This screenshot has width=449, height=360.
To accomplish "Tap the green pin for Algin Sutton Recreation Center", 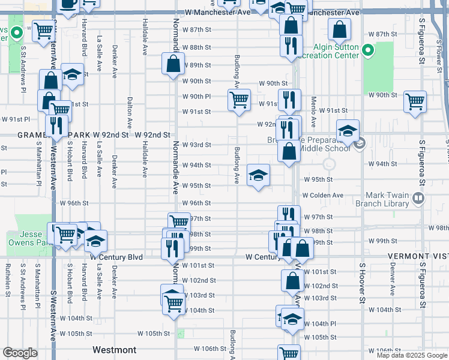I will (369, 50).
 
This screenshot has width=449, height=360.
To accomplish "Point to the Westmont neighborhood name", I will (114, 349).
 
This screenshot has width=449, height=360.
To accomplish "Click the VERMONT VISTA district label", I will (417, 256).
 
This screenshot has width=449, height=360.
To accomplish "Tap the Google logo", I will (19, 353).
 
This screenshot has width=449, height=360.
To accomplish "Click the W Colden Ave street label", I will (322, 195).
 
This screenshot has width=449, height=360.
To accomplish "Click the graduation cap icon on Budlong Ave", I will (259, 175).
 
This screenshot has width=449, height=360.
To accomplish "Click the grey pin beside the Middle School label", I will (360, 144).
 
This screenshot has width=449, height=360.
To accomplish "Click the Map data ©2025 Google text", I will (412, 355).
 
